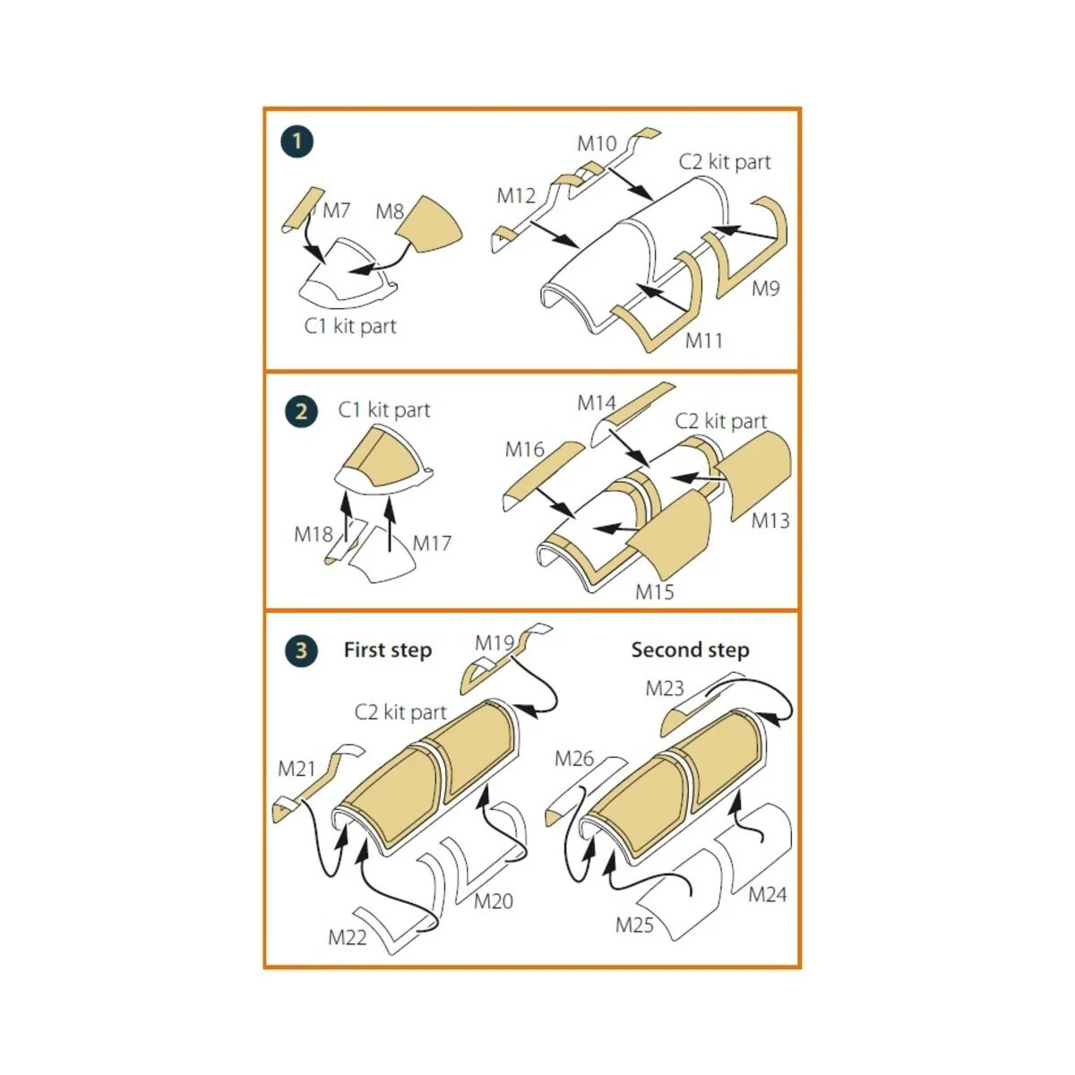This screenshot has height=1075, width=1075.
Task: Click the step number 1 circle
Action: pyautogui.click(x=297, y=142)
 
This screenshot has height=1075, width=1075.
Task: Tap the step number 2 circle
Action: pyautogui.click(x=301, y=412)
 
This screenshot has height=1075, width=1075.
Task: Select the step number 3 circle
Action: pyautogui.click(x=301, y=650)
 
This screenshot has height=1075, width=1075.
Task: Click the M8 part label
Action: pyautogui.click(x=390, y=211)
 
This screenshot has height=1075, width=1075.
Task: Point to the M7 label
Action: pyautogui.click(x=337, y=211)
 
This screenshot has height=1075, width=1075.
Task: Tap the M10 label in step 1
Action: pyautogui.click(x=597, y=143)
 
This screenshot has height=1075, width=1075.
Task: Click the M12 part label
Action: pyautogui.click(x=516, y=196)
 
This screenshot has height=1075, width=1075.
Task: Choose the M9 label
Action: pyautogui.click(x=765, y=288)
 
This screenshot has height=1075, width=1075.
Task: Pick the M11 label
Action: pyautogui.click(x=704, y=340)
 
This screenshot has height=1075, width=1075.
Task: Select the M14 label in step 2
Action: pyautogui.click(x=597, y=402)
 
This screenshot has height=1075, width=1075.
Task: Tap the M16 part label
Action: pyautogui.click(x=524, y=449)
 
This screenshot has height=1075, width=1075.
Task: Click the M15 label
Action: pyautogui.click(x=654, y=592)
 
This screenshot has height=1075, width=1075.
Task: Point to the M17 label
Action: pyautogui.click(x=432, y=543)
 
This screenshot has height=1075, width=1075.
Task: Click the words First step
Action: pyautogui.click(x=388, y=649)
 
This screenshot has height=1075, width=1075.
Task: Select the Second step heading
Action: pyautogui.click(x=690, y=649)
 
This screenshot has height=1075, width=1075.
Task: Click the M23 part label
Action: pyautogui.click(x=665, y=688)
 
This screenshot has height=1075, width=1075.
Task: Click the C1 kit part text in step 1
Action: pyautogui.click(x=349, y=326)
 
